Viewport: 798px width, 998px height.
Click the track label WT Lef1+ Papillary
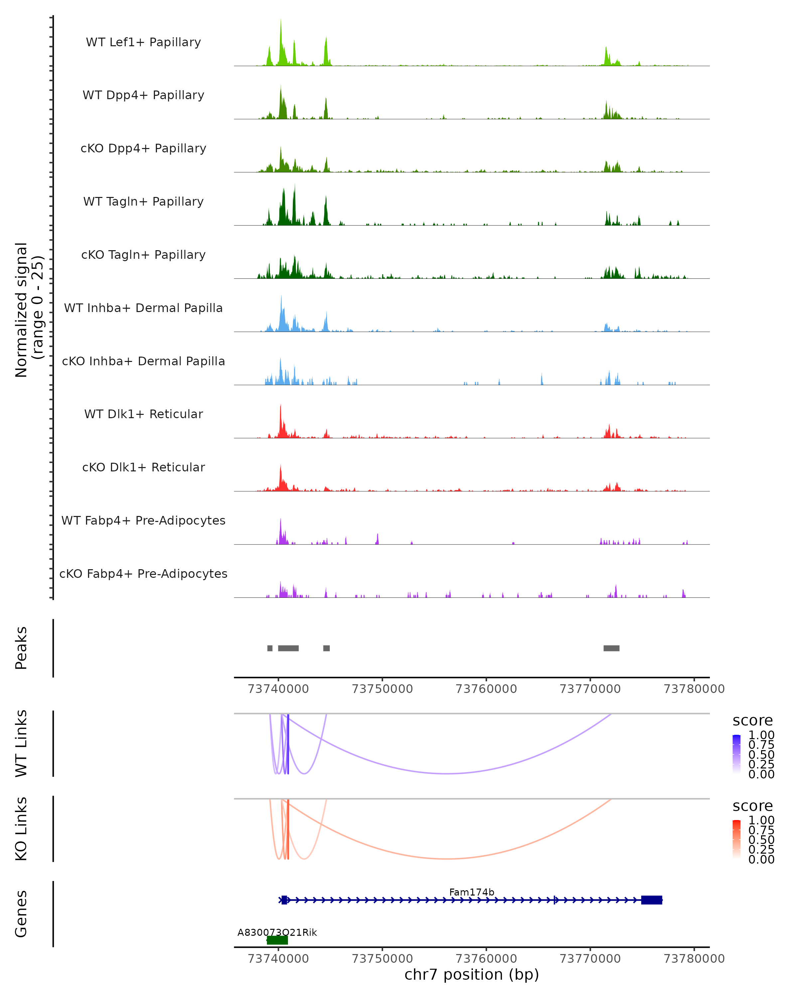pos(143,42)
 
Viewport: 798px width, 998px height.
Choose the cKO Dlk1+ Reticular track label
pos(143,467)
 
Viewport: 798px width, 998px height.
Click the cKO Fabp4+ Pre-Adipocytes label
pos(143,574)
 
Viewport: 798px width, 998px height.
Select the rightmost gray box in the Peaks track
pos(611,648)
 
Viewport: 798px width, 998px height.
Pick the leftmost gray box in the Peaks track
pos(270,648)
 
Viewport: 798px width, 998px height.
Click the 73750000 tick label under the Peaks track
pos(382,689)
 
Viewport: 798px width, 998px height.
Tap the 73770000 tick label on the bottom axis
pos(590,959)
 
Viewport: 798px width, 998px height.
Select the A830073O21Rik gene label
pos(277,932)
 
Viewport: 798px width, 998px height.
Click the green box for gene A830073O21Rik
pos(277,940)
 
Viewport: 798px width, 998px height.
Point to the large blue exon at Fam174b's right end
pos(651,900)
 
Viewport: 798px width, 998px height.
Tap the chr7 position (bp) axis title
pos(471,974)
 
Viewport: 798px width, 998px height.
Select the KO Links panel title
pos(21,829)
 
